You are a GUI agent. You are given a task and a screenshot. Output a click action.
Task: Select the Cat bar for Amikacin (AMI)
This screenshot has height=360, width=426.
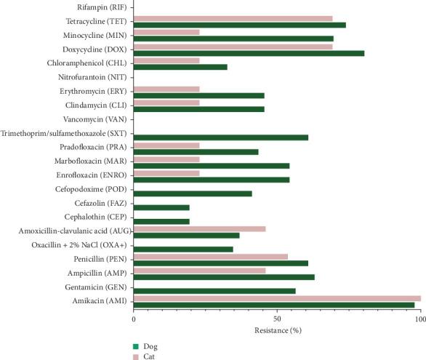point(277,298)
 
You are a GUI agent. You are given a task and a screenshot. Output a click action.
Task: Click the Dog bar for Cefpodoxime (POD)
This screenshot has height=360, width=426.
point(193,193)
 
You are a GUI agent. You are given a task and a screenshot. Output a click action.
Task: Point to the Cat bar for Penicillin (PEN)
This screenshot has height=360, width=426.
point(211,257)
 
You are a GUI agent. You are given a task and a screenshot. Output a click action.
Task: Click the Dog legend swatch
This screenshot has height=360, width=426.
point(135,346)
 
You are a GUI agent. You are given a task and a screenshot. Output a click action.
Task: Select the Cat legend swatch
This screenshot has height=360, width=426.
point(135,356)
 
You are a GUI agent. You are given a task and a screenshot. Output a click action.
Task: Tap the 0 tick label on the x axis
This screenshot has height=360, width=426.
point(134,319)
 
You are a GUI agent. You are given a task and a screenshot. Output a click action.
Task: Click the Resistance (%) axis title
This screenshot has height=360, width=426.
point(277,330)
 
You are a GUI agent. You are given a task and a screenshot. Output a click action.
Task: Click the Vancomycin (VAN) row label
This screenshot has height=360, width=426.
point(92,119)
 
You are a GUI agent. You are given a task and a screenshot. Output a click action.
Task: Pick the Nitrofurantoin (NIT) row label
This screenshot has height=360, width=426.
point(92,77)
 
